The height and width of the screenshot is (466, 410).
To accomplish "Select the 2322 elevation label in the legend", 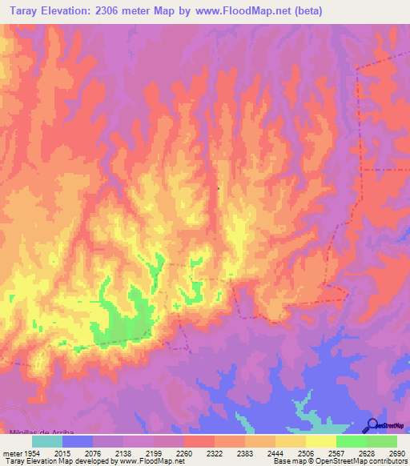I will pos(214,453).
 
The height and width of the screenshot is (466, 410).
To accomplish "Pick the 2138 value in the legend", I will pos(123,453).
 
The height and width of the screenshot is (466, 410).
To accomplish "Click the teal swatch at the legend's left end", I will pos(47,441).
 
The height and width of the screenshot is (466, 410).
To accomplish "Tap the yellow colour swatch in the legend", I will pos(320,441).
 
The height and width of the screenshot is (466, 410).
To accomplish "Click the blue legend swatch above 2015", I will pos(78,441).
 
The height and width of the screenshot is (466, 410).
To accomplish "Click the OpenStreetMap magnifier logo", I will pos(371,424).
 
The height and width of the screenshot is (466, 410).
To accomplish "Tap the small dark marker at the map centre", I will pos(218,189).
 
